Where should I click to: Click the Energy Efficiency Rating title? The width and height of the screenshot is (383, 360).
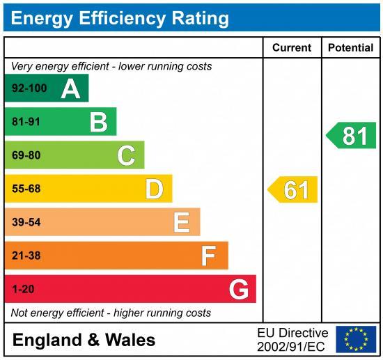coord(120,17)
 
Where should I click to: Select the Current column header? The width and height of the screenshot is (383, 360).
coord(292,48)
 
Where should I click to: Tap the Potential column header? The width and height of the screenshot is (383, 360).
coord(351,48)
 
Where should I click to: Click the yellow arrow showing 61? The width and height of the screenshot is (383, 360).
coord(293,189)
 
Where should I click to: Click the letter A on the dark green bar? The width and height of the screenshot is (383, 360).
coord(70,88)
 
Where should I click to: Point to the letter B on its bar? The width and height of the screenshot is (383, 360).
coord(98,122)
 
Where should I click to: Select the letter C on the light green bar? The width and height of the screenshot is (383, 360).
coord(126,155)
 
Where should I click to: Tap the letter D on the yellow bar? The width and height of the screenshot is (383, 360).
coord(154,189)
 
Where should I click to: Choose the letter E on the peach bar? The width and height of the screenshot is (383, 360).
coord(181,222)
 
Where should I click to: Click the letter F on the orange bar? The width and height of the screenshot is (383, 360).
coord(208,256)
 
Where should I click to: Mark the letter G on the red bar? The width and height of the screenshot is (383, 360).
coord(238,289)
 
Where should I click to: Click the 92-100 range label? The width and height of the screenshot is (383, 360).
coord(29,88)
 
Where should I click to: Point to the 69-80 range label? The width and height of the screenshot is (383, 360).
coord(26,155)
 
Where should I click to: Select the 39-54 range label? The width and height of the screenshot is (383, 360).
coord(26,222)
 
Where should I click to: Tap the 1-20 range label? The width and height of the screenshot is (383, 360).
coord(22,289)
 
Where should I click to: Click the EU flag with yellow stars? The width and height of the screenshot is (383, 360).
coord(356,339)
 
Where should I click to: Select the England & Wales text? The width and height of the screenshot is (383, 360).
coord(84,340)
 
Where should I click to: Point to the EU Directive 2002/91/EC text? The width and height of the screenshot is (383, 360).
coord(292,339)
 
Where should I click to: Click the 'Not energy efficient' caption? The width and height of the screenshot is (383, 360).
coord(111,313)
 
